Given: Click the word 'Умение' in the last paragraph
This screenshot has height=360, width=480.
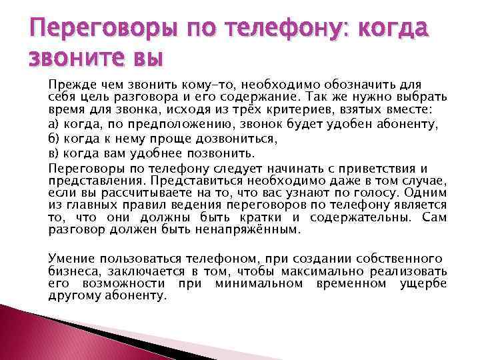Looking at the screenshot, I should (69, 258).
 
